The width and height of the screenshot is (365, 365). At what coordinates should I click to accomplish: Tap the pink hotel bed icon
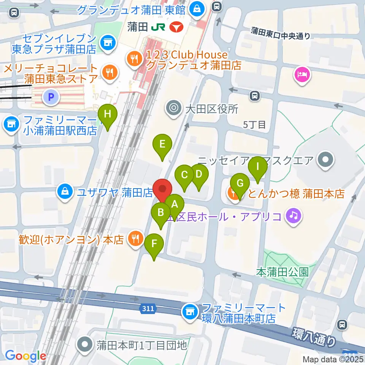point(302,73)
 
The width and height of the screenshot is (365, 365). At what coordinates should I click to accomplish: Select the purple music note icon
point(294,216)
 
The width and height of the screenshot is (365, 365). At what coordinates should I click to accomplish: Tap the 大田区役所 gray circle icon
point(174,109)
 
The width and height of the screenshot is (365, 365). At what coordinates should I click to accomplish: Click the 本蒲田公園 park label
point(282,272)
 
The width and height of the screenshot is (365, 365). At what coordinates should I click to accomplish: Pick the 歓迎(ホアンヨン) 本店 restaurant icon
point(135,239)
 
